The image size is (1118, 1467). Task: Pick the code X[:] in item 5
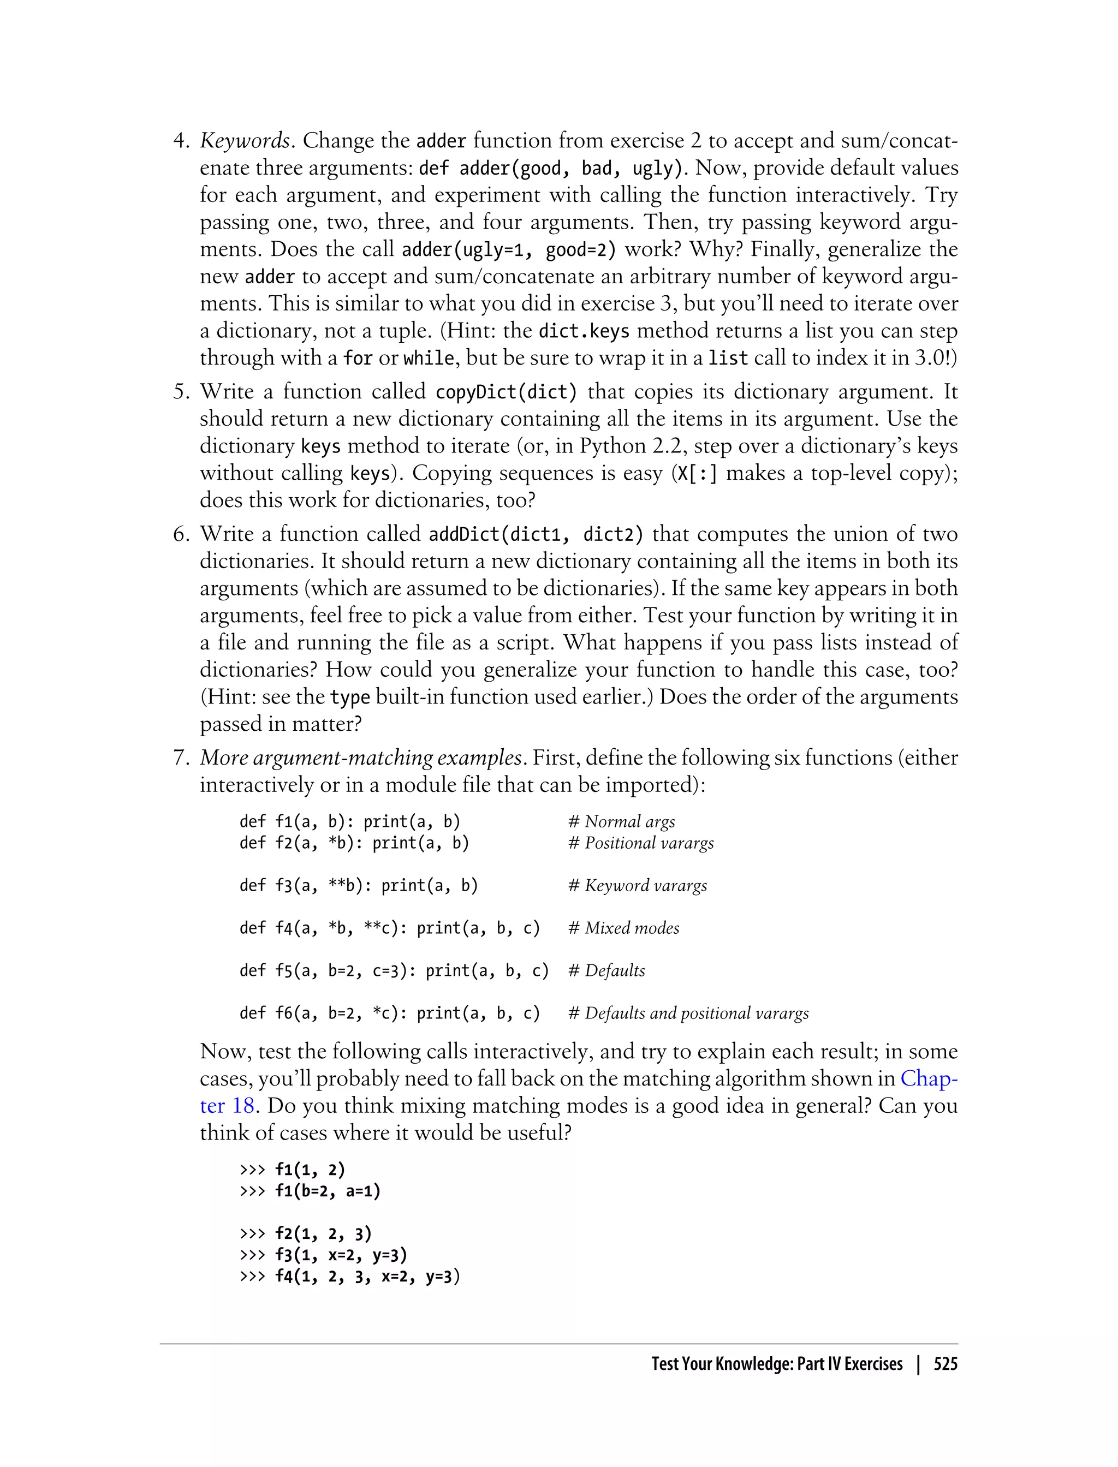tap(697, 474)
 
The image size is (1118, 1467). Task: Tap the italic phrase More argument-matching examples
tap(361, 758)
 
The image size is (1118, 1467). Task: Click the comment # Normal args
tap(622, 822)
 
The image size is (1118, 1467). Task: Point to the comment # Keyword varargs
tap(638, 886)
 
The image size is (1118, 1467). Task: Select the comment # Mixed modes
tap(623, 928)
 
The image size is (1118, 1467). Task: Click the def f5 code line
tap(394, 971)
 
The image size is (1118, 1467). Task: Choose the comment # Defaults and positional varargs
tap(688, 1013)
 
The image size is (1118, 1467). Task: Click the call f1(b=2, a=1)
tap(328, 1191)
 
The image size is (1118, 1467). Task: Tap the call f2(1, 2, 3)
tap(323, 1234)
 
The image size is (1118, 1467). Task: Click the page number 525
tap(945, 1364)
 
